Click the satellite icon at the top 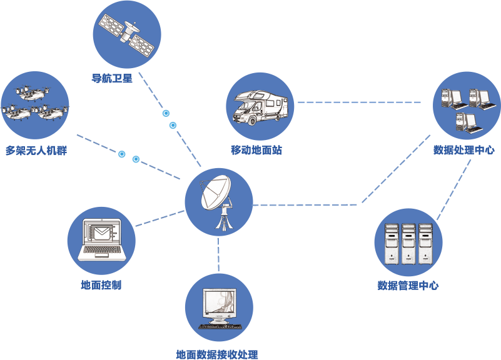click(127, 34)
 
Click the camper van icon click(260, 106)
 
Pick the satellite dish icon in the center click(218, 201)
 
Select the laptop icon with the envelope click(101, 240)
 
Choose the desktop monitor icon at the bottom click(219, 307)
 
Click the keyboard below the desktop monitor click(220, 326)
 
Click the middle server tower click(408, 244)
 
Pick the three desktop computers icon click(467, 106)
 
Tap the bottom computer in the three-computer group click(466, 122)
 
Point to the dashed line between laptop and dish click(159, 218)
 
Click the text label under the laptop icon click(101, 286)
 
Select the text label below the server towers click(408, 286)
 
